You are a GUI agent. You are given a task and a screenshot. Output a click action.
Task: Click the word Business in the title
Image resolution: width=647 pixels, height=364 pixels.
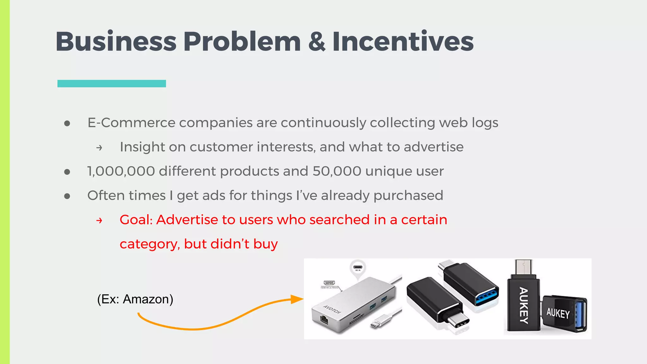(116, 42)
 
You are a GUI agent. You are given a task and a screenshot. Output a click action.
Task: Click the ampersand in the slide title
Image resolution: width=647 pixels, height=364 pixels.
(317, 42)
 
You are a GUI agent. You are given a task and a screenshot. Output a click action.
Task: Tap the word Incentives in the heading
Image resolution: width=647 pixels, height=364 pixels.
(403, 42)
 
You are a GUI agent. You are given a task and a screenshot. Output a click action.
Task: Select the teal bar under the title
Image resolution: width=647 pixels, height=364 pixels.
(112, 83)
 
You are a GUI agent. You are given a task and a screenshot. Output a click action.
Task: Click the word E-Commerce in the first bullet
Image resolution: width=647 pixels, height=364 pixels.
(131, 123)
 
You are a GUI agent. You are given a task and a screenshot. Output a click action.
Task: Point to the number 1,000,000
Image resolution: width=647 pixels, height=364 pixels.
(121, 171)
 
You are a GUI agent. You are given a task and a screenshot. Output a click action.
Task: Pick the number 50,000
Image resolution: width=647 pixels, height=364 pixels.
(337, 171)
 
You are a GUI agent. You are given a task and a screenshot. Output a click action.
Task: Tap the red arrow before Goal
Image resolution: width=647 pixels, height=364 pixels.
(99, 221)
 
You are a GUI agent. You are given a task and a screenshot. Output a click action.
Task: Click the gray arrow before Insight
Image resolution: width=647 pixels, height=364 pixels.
(99, 148)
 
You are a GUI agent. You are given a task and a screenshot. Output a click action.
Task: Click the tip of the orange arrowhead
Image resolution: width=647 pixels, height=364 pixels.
(303, 299)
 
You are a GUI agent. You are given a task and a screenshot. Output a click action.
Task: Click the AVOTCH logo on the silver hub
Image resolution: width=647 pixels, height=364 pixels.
(332, 309)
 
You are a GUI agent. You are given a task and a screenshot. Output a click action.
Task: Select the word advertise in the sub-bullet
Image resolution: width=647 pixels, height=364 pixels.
(433, 147)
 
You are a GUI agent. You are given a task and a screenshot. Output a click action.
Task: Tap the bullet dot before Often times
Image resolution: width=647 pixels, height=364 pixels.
(67, 196)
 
